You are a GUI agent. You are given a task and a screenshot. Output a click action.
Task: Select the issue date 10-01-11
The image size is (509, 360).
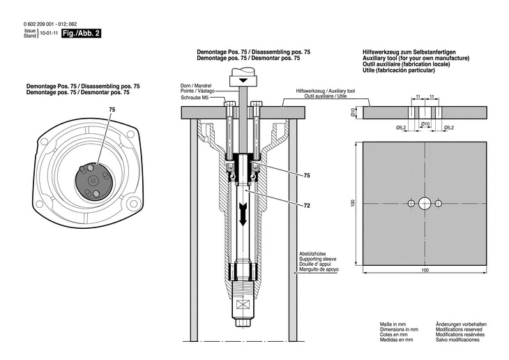tap(49, 33)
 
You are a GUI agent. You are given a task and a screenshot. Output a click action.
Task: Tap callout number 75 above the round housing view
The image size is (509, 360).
tap(112, 110)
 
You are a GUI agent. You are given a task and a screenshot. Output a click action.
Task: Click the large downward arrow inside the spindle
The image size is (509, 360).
tap(243, 213)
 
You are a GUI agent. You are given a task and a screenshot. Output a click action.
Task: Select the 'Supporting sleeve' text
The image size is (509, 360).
tap(315, 259)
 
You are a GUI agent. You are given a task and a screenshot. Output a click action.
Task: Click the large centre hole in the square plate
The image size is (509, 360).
tap(425, 204)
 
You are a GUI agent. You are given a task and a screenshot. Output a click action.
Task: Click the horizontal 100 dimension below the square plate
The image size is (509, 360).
tap(425, 269)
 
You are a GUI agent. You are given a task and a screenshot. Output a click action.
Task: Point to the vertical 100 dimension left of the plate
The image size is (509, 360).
tap(354, 203)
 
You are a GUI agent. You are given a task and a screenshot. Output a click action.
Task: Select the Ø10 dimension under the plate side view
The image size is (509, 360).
tap(425, 123)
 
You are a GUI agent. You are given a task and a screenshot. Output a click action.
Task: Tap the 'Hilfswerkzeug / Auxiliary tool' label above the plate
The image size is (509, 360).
tap(326, 91)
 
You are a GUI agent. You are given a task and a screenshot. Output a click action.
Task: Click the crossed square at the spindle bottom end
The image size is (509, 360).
tap(243, 305)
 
